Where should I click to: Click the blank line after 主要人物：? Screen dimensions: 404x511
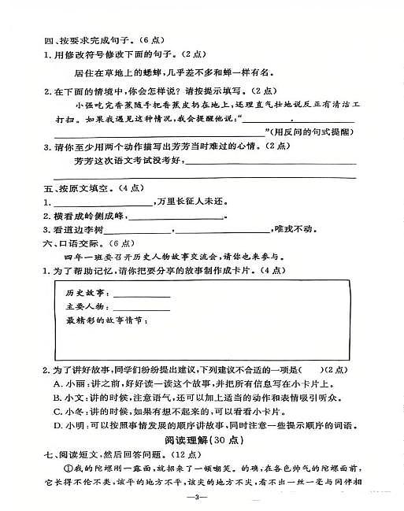point(142,307)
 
